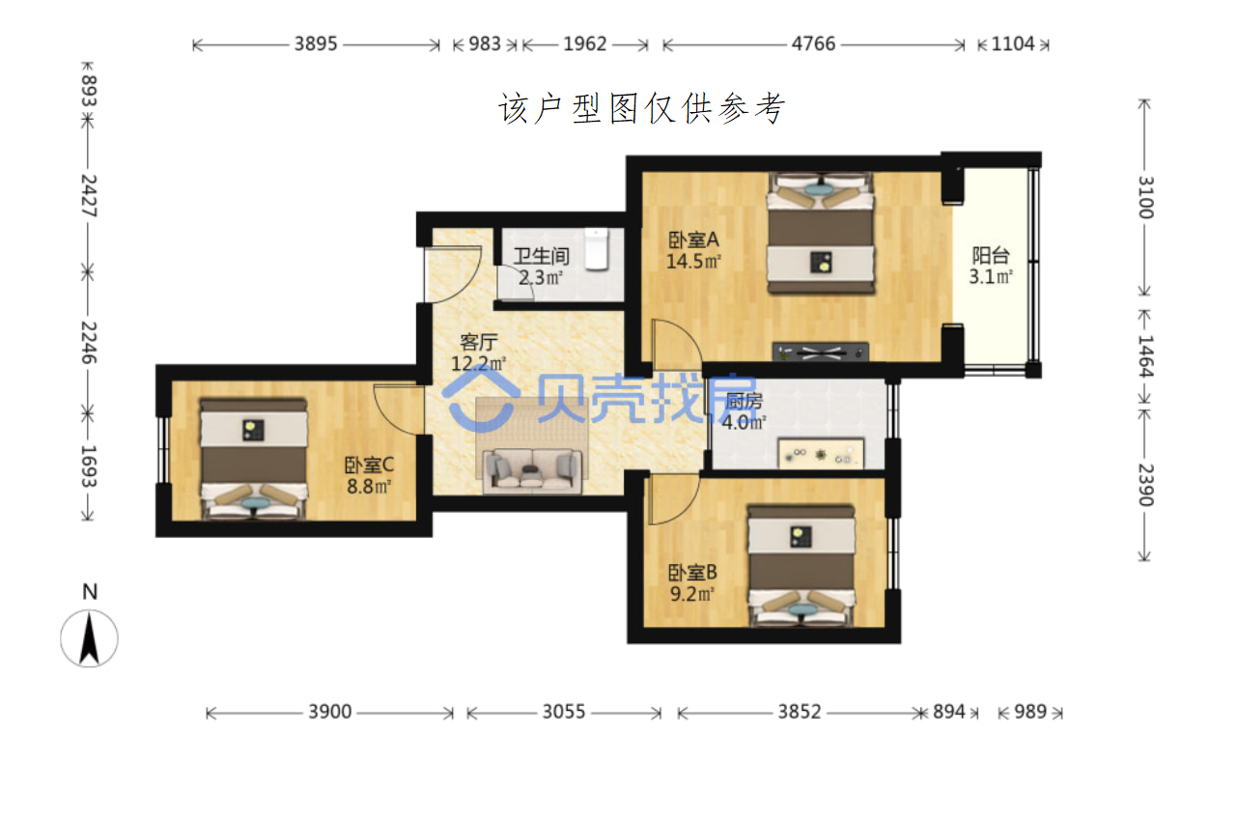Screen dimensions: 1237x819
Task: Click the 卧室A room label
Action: click(x=693, y=240)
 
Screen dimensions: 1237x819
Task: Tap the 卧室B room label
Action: click(x=692, y=573)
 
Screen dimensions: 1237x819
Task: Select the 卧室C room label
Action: click(x=369, y=465)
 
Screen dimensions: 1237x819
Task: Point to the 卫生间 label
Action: click(x=541, y=256)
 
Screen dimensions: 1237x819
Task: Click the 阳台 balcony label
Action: click(x=991, y=255)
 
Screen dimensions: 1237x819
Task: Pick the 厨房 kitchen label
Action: click(x=744, y=402)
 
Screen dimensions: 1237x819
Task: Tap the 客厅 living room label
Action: click(x=479, y=343)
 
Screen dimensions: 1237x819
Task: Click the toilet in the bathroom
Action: click(x=597, y=249)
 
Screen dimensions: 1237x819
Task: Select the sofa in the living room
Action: click(x=532, y=470)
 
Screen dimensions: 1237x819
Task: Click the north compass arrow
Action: click(x=89, y=639)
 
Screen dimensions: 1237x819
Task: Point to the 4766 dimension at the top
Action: click(x=813, y=43)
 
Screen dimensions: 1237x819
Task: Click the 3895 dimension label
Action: click(x=316, y=43)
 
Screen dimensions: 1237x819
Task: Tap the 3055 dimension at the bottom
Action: click(x=563, y=712)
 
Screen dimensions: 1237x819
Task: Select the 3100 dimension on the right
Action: click(x=1145, y=198)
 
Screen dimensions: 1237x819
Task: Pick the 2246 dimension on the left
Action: click(x=89, y=343)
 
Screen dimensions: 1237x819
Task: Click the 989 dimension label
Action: click(x=1030, y=712)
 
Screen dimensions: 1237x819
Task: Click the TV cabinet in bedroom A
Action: click(x=820, y=352)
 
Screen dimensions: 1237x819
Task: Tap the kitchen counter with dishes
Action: click(x=821, y=453)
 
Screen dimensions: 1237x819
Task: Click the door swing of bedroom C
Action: click(x=399, y=409)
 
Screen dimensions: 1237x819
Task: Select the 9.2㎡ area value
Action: click(x=692, y=594)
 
